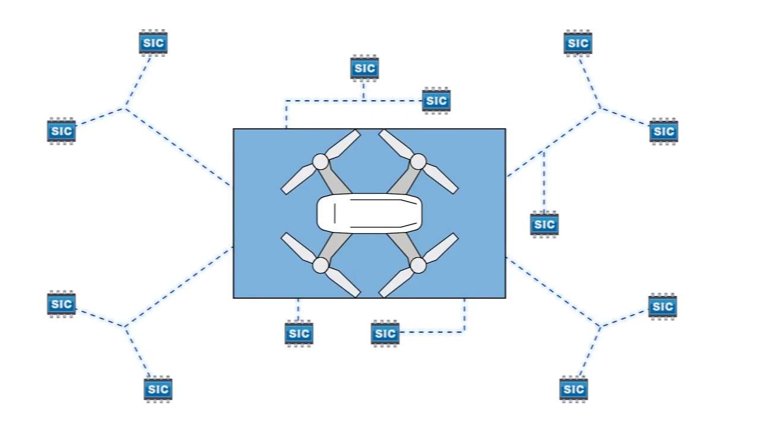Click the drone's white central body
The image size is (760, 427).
point(369,213)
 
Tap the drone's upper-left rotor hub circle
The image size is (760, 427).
point(320,161)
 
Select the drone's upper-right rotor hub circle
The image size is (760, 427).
point(418,161)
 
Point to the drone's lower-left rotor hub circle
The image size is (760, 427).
point(320,265)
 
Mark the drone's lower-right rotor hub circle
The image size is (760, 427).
point(418,265)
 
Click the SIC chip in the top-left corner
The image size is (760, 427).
point(153,43)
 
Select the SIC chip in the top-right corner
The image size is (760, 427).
point(578,43)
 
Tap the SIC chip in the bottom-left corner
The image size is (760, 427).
point(158,389)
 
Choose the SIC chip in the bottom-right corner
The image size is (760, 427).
point(574,389)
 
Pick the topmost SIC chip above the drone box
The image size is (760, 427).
point(364,68)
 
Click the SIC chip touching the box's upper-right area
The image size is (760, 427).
point(436,101)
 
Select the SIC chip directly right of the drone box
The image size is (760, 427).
point(544,224)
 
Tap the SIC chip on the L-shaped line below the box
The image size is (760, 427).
point(385,333)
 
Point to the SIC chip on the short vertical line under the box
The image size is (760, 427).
point(299,333)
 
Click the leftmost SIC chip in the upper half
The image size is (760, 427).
point(61,130)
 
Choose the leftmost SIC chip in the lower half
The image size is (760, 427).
point(61,304)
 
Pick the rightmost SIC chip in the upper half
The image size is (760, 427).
point(664,131)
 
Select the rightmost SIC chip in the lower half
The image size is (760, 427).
point(663,307)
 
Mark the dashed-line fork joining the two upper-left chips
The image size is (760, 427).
point(125,108)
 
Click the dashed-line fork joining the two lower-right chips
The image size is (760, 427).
point(598,326)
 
